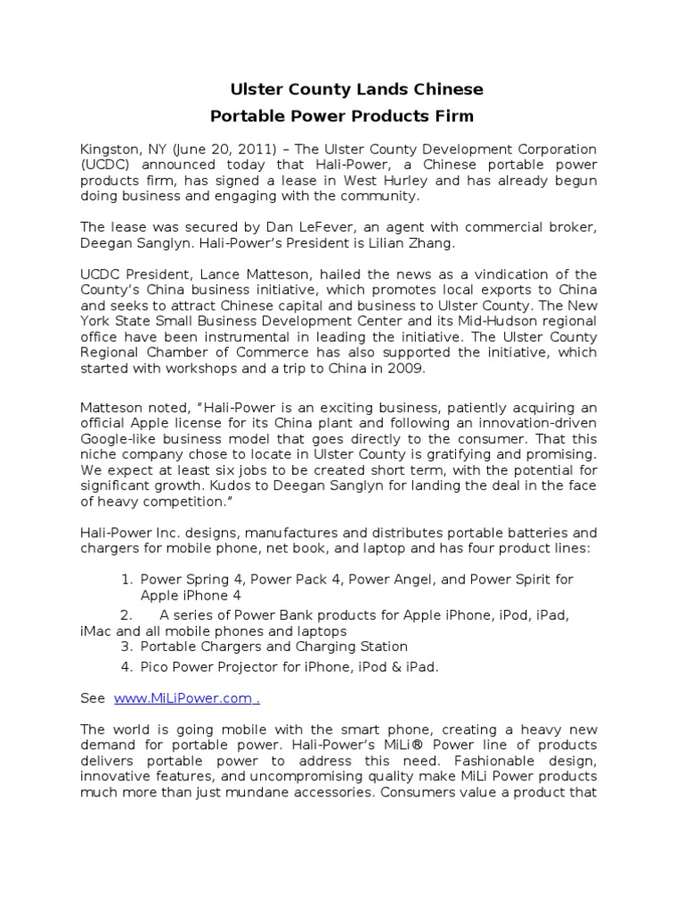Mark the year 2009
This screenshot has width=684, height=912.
click(401, 370)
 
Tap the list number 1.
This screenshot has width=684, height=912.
click(126, 579)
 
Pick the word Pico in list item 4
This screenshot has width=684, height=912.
click(155, 666)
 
